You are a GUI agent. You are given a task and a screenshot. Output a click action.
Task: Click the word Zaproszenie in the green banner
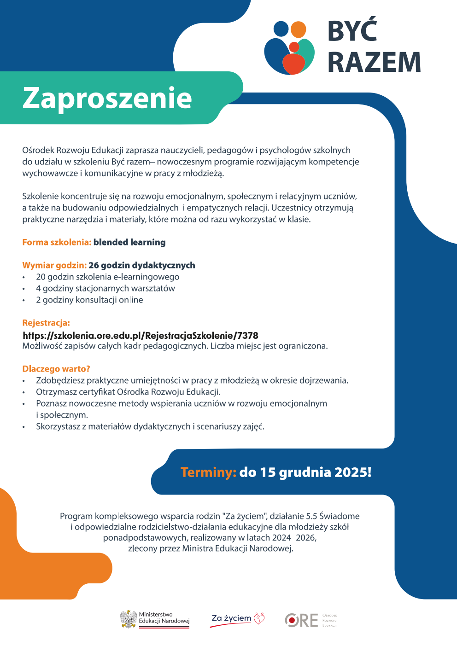[107, 98]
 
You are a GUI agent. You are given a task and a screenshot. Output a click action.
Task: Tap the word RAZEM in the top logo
[374, 63]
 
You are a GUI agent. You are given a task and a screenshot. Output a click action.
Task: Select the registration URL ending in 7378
[141, 335]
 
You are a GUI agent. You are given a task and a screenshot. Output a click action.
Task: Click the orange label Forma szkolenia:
[57, 242]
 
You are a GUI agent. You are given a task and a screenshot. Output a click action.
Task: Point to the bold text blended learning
[129, 242]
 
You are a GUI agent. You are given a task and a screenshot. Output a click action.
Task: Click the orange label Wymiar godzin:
[54, 265]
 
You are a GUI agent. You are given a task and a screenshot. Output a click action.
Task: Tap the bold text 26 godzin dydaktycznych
[142, 265]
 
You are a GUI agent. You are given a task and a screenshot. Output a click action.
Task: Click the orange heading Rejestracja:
[46, 323]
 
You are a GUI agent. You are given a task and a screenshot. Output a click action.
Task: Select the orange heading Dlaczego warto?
[56, 369]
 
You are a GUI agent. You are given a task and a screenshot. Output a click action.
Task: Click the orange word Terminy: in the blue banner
[208, 472]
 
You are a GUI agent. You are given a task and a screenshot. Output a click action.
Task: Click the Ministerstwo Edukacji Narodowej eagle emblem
[129, 619]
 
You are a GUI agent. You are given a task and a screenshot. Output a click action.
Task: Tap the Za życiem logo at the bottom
[238, 619]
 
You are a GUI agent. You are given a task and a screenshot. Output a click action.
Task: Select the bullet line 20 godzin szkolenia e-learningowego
[107, 277]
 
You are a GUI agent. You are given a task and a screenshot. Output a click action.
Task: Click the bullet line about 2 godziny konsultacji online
[89, 300]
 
